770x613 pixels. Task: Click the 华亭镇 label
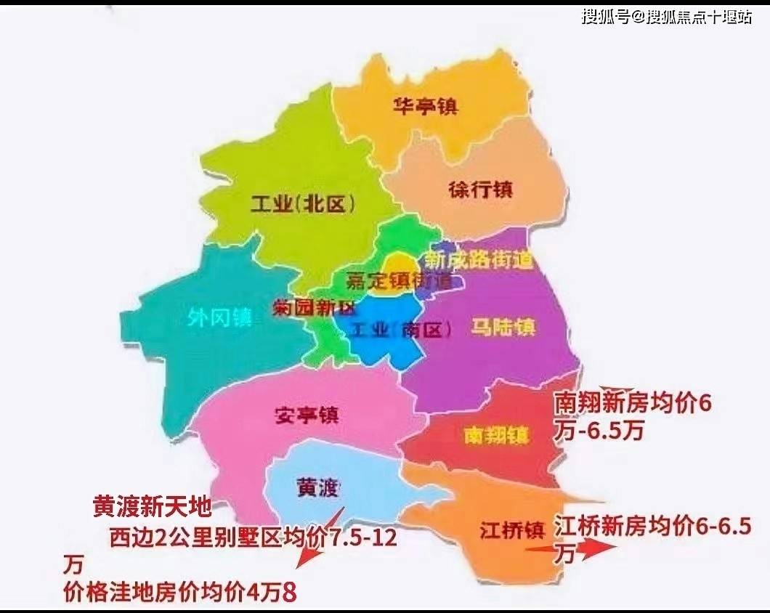pyautogui.click(x=425, y=106)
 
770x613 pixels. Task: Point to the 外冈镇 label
pyautogui.click(x=219, y=318)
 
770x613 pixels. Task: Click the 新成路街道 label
pyautogui.click(x=479, y=259)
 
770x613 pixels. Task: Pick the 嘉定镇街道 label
pyautogui.click(x=399, y=280)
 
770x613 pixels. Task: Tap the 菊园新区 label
pyautogui.click(x=313, y=307)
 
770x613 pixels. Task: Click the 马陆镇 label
pyautogui.click(x=503, y=326)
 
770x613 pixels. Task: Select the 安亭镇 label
pyautogui.click(x=307, y=415)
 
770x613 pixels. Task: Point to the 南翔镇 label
pyautogui.click(x=497, y=435)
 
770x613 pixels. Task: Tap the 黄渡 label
pyautogui.click(x=317, y=486)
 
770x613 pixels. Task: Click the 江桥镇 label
pyautogui.click(x=511, y=530)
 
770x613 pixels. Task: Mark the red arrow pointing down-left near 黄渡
pyautogui.click(x=317, y=542)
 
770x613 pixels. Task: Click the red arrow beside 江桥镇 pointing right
pyautogui.click(x=571, y=548)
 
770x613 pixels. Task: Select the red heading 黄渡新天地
pyautogui.click(x=150, y=506)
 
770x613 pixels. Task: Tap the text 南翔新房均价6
pyautogui.click(x=631, y=402)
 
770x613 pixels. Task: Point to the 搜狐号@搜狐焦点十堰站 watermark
pyautogui.click(x=666, y=17)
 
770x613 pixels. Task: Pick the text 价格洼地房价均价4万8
pyautogui.click(x=180, y=592)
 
